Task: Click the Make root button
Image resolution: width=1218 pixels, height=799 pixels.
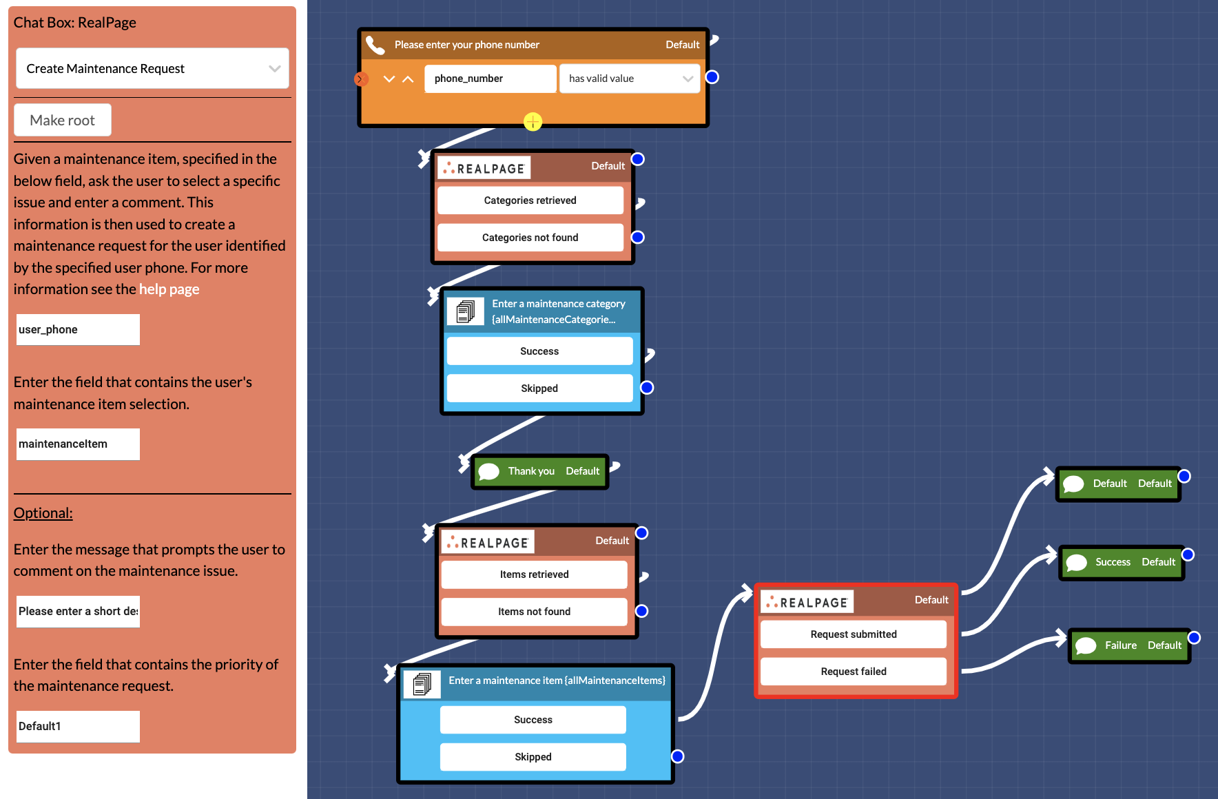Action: [x=63, y=120]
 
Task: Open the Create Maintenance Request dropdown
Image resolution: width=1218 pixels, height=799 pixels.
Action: [x=152, y=68]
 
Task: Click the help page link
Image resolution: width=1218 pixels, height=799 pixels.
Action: [x=169, y=289]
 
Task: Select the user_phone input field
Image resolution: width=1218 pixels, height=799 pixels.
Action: [x=78, y=330]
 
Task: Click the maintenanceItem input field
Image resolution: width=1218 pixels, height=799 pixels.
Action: [x=78, y=444]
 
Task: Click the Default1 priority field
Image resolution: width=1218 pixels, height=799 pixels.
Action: [x=78, y=727]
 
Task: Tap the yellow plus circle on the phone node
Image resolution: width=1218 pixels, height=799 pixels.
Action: [x=533, y=122]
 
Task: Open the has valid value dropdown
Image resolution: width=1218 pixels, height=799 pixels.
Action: [x=630, y=79]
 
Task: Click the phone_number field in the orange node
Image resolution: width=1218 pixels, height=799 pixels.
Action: [x=490, y=79]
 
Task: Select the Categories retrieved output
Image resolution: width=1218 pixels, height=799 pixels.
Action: [x=530, y=200]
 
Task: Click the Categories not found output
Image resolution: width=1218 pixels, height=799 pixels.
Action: [x=530, y=238]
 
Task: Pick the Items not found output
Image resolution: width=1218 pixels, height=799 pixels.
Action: [x=534, y=612]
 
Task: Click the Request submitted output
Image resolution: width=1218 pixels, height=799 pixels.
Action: [x=853, y=634]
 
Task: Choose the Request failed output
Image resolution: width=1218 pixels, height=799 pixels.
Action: [x=853, y=672]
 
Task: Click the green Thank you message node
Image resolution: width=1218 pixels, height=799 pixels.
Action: [x=540, y=471]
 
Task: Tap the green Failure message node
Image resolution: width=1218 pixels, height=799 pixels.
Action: [x=1129, y=645]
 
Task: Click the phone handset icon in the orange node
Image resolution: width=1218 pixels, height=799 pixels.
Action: [x=375, y=45]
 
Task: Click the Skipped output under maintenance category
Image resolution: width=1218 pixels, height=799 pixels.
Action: [x=539, y=388]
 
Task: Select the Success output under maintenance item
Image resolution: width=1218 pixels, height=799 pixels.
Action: [x=533, y=720]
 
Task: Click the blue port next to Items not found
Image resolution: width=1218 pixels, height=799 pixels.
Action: [x=641, y=611]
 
